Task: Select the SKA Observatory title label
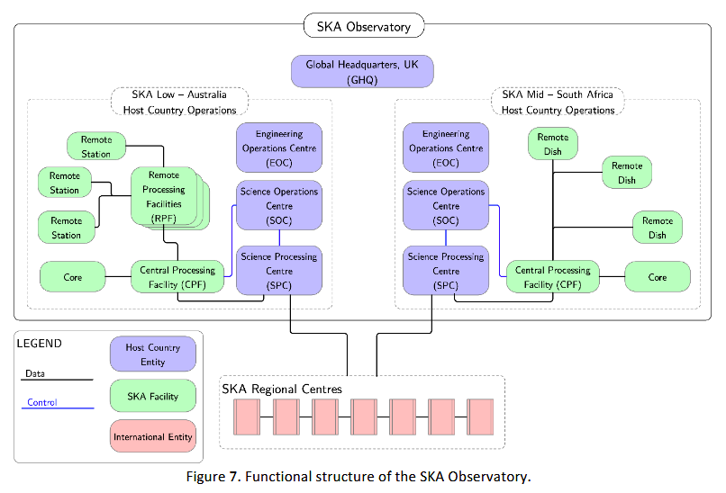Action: (363, 26)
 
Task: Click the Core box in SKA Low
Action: (73, 277)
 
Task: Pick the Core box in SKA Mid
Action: (657, 277)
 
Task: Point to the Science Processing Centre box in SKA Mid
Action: (446, 271)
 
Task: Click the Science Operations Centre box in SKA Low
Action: (279, 206)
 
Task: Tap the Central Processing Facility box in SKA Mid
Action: (553, 277)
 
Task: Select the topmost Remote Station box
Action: (96, 147)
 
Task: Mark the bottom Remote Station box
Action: (66, 228)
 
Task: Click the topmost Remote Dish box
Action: (553, 144)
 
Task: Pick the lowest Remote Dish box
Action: (657, 228)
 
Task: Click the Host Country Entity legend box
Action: (152, 354)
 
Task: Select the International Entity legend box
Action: (152, 437)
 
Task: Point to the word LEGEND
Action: (40, 343)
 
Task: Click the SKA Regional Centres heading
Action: (281, 389)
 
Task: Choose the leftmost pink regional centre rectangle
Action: (246, 417)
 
